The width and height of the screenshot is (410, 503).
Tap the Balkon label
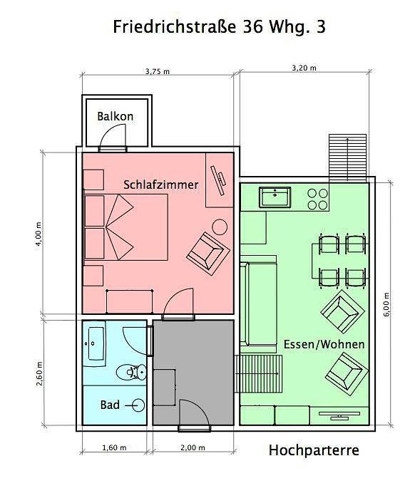tap(116, 116)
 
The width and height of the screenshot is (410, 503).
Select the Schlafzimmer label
tap(160, 184)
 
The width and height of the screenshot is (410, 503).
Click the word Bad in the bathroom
tap(110, 405)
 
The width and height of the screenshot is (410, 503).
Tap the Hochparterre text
tap(314, 450)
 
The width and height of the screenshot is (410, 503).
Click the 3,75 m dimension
tap(157, 71)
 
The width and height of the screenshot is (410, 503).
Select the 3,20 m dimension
tap(304, 68)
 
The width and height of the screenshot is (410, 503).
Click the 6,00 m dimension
tap(386, 305)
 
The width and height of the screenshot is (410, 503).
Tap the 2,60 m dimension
tap(39, 374)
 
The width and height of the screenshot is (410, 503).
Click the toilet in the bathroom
tap(130, 371)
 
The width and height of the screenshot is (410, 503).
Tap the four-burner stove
tap(318, 199)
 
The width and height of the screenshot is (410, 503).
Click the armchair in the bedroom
tap(207, 251)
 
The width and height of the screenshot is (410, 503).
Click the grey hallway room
tap(193, 370)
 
